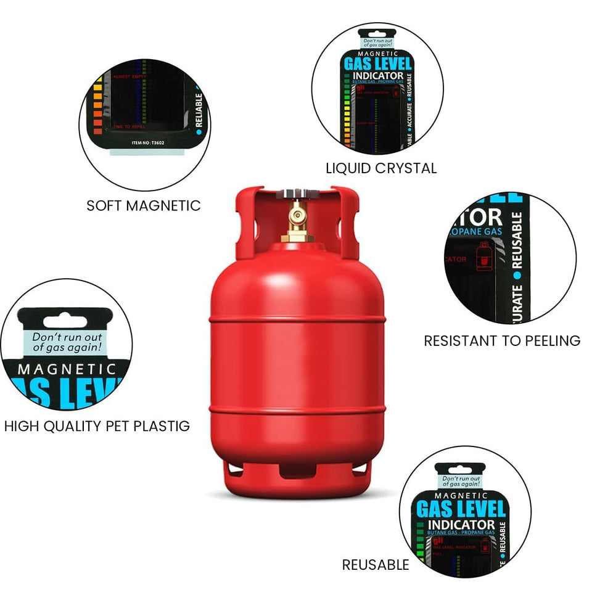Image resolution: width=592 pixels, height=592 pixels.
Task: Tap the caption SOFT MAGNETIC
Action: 144,205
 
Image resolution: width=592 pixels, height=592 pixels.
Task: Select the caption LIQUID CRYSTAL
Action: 381,168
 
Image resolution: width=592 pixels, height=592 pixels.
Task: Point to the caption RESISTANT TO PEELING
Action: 502,340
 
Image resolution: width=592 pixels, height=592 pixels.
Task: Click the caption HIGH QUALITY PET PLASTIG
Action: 97,425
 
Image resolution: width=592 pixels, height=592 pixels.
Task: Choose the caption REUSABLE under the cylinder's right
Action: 376,564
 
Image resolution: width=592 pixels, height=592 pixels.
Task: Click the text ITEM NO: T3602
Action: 148,142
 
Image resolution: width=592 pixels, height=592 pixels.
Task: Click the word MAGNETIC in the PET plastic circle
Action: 67,369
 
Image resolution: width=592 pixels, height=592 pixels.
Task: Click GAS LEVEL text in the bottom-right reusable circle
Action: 461,509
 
